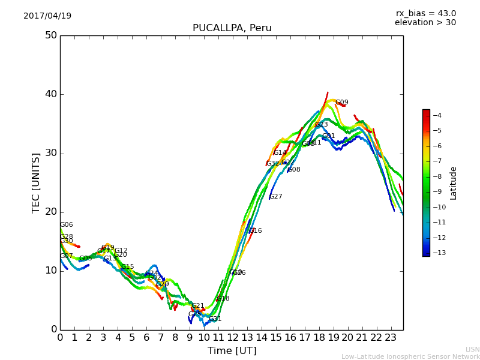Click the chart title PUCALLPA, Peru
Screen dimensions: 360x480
[x=232, y=28]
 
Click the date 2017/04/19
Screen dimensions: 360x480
[x=47, y=16]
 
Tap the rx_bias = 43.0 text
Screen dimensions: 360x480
[x=425, y=14]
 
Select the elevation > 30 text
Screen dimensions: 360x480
[x=425, y=23]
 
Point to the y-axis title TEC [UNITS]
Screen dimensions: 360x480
[x=36, y=183]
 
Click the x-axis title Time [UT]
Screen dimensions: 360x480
[x=232, y=351]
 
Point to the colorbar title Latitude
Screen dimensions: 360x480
[x=454, y=183]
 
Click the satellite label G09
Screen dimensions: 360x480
[x=341, y=103]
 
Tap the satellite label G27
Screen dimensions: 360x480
[x=275, y=197]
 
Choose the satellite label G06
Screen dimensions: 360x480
[x=66, y=225]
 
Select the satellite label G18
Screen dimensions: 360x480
[x=223, y=299]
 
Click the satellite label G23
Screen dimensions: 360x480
[x=321, y=125]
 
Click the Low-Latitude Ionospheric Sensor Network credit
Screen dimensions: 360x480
[x=410, y=357]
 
